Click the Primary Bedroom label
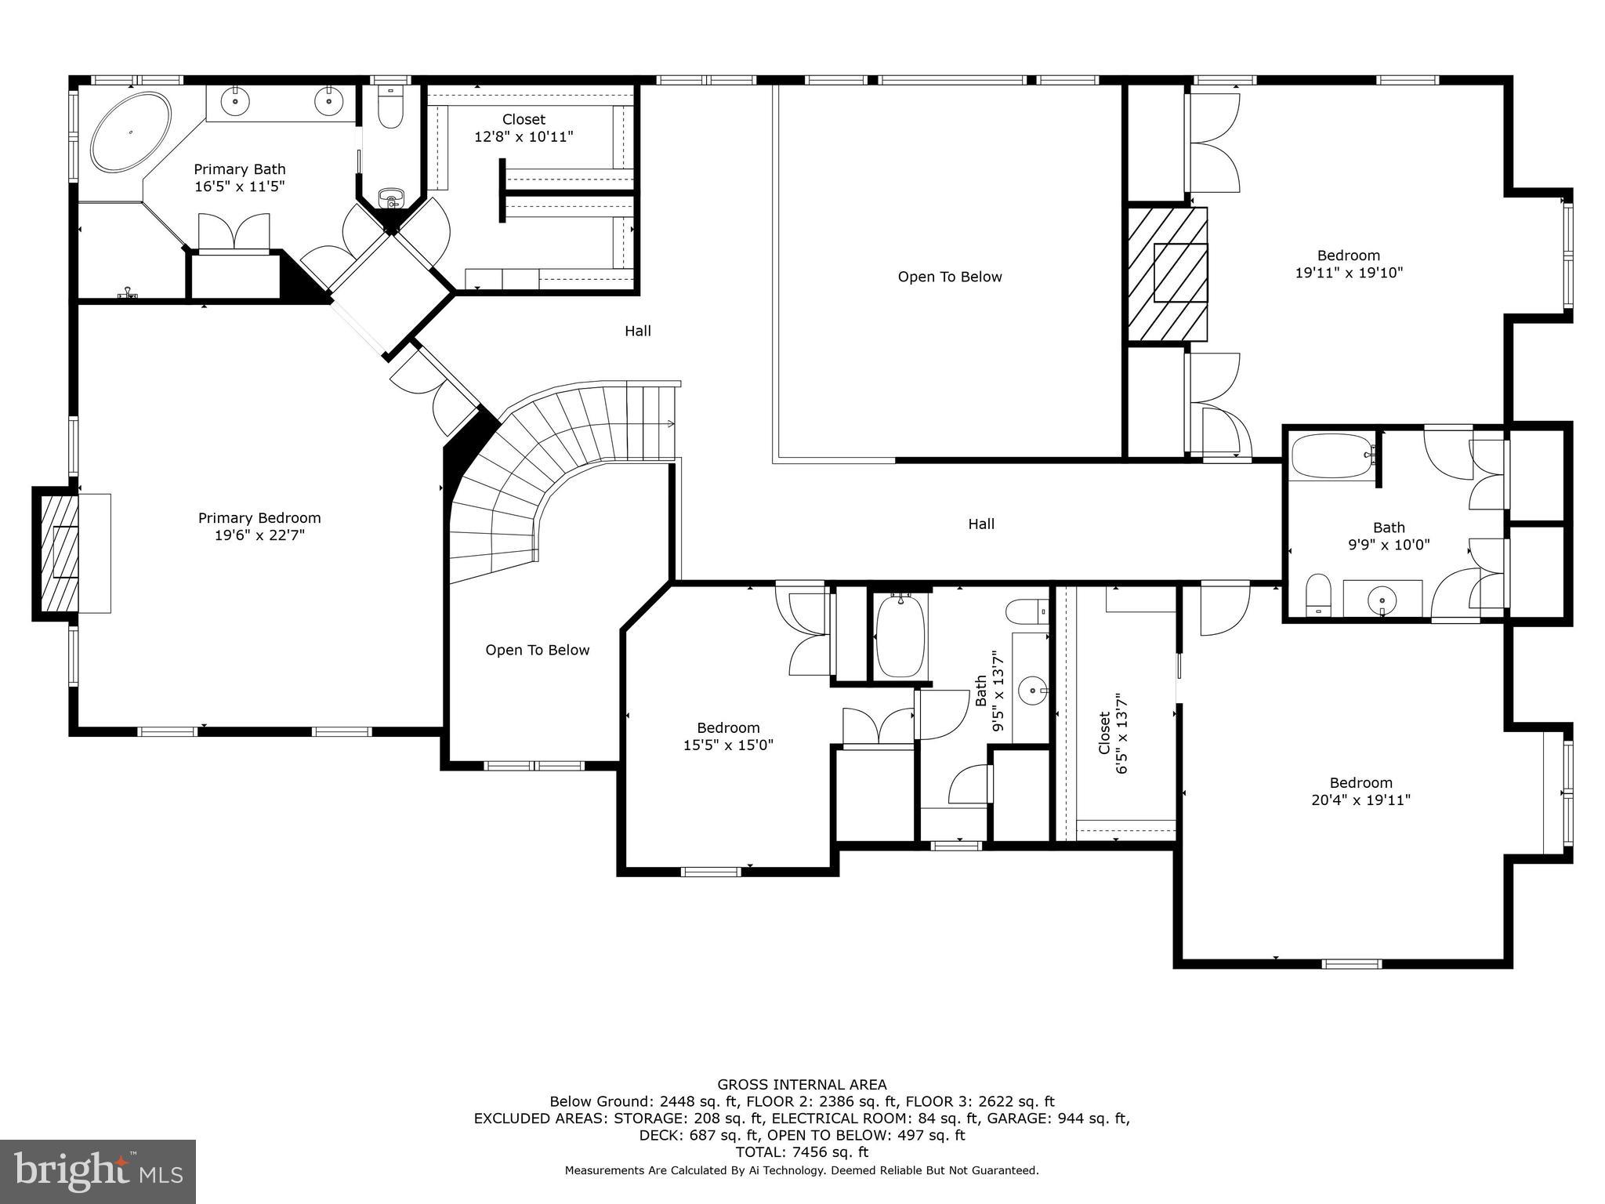[259, 518]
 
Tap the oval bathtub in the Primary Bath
[131, 132]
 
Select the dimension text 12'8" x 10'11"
[524, 137]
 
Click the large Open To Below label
[949, 277]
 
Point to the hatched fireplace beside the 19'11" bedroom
[1168, 274]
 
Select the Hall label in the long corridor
[981, 524]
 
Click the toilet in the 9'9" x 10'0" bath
[1318, 595]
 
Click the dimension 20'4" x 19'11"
[1360, 800]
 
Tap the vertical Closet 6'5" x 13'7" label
[1112, 733]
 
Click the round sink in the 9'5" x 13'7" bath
[1033, 691]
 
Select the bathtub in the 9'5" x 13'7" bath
[900, 636]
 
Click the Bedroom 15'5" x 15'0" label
[728, 736]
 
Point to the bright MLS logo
[97, 1171]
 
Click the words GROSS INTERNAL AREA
[802, 1085]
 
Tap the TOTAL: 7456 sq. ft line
[802, 1152]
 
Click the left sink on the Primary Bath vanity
[235, 101]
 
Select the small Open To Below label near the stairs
[537, 650]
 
